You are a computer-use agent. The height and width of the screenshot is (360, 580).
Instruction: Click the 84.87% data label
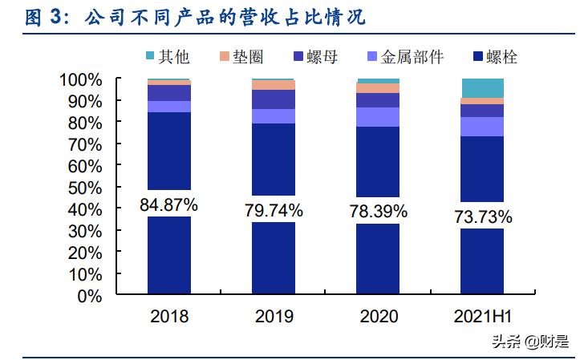pyautogui.click(x=168, y=204)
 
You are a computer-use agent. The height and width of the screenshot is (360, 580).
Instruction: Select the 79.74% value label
pyautogui.click(x=273, y=210)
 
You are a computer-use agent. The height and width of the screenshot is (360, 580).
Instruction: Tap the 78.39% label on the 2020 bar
pyautogui.click(x=377, y=212)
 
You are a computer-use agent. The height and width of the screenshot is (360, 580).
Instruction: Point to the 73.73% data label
pyautogui.click(x=482, y=216)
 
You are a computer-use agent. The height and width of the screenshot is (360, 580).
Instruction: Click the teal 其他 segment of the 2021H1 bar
pyautogui.click(x=482, y=88)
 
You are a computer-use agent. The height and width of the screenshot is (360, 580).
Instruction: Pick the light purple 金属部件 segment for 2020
pyautogui.click(x=377, y=117)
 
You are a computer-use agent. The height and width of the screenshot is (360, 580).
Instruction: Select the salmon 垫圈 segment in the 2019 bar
pyautogui.click(x=273, y=85)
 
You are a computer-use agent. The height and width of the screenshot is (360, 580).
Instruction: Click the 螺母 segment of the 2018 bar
pyautogui.click(x=168, y=92)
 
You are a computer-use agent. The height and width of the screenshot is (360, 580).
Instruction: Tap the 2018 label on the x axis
pyautogui.click(x=168, y=316)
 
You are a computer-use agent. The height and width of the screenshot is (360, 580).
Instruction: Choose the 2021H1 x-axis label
pyautogui.click(x=482, y=316)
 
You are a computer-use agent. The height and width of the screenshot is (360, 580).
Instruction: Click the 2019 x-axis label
pyautogui.click(x=273, y=316)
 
